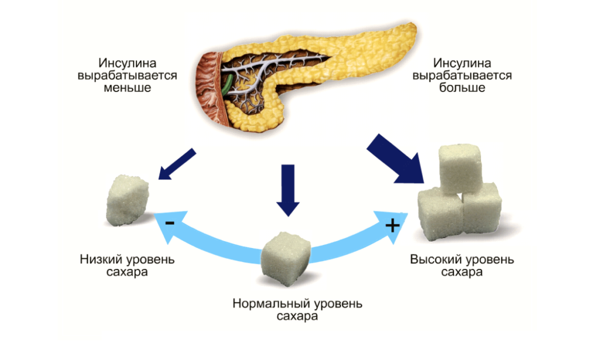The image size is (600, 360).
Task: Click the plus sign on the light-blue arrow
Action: (x=392, y=225)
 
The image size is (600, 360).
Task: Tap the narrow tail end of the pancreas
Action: (x=404, y=35)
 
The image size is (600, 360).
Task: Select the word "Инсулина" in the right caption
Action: (x=462, y=63)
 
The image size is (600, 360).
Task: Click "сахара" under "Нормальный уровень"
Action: (x=297, y=317)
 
